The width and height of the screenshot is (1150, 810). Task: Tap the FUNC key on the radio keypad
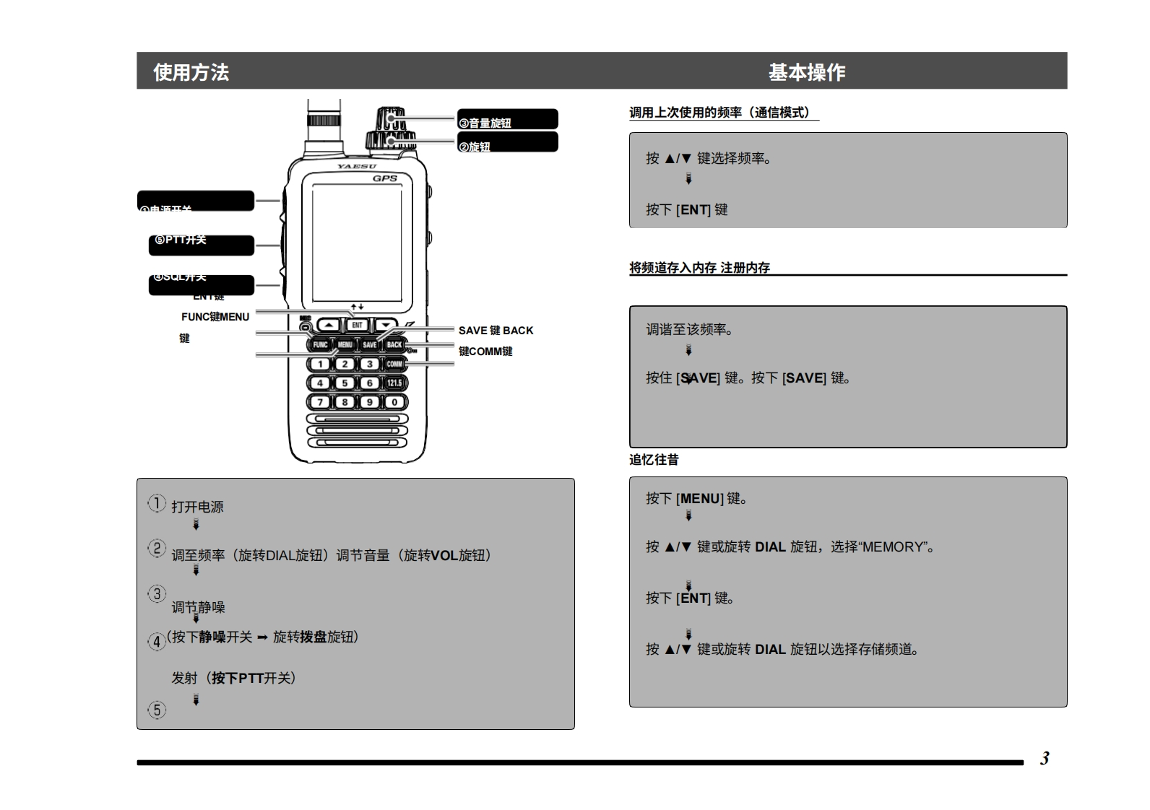pyautogui.click(x=320, y=345)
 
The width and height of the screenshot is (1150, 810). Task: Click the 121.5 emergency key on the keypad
pyautogui.click(x=394, y=383)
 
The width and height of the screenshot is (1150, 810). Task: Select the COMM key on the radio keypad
pyautogui.click(x=394, y=364)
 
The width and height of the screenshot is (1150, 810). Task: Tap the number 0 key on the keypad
pyautogui.click(x=394, y=402)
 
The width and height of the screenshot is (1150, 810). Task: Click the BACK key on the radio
pyautogui.click(x=394, y=345)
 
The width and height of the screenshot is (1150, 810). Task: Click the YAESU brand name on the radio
pyautogui.click(x=357, y=167)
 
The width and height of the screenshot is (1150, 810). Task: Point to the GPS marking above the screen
pyautogui.click(x=385, y=178)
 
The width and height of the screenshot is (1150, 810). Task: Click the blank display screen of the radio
pyautogui.click(x=357, y=243)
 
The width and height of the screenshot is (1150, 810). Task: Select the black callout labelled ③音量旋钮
pyautogui.click(x=507, y=120)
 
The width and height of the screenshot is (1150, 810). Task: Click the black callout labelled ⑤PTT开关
pyautogui.click(x=201, y=245)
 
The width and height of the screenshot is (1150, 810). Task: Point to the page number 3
pyautogui.click(x=1045, y=759)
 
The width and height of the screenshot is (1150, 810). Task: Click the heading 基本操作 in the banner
pyautogui.click(x=806, y=72)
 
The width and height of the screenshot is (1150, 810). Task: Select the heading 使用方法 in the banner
pyautogui.click(x=191, y=72)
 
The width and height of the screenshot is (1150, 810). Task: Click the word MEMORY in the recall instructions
pyautogui.click(x=893, y=547)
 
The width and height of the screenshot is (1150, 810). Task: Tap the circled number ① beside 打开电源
pyautogui.click(x=157, y=503)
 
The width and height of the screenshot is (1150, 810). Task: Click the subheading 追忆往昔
pyautogui.click(x=654, y=460)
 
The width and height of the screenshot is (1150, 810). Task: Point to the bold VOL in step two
pyautogui.click(x=444, y=555)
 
